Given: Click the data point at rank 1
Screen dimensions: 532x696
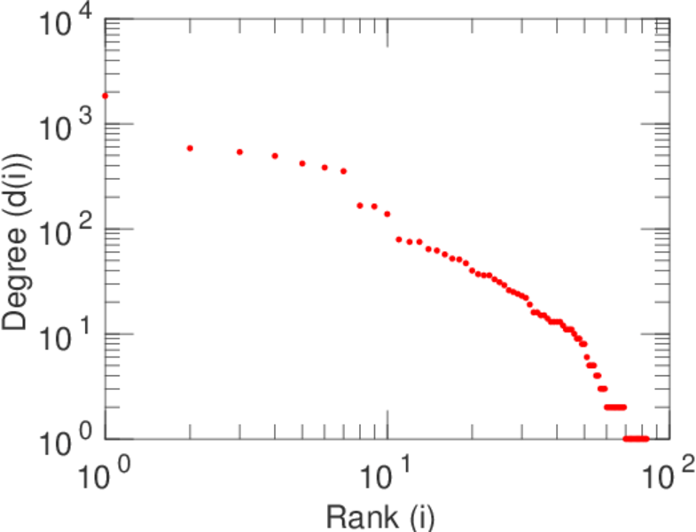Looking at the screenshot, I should (105, 96).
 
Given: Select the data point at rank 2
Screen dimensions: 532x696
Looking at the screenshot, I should (190, 148).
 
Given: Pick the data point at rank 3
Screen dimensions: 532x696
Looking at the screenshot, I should (239, 153).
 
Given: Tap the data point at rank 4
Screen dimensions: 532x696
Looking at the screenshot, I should (275, 156).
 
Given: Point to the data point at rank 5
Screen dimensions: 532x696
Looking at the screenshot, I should (302, 163).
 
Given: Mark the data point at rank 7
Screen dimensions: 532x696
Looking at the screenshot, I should (343, 171).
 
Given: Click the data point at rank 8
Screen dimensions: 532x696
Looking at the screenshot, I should (360, 206).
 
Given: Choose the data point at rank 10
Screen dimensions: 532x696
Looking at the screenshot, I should (387, 214).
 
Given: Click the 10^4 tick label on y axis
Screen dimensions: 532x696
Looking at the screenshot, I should (66, 23).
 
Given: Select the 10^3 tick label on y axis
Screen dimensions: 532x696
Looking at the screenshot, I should (66, 128).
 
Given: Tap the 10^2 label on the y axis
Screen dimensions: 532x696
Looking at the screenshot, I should (66, 232).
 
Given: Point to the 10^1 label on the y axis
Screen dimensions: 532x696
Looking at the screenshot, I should (66, 337).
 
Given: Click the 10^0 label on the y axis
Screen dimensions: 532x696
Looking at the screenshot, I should (66, 442).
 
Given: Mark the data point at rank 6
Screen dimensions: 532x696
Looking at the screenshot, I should (325, 168).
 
